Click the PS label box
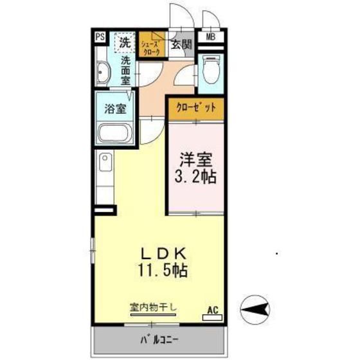[x=100, y=37]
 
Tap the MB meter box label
[x=211, y=37]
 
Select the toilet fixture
[x=211, y=71]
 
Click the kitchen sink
[x=105, y=162]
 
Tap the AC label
[x=212, y=310]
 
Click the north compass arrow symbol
[x=255, y=310]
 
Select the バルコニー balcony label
[x=159, y=340]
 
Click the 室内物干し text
[x=153, y=307]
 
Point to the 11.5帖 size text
[x=162, y=270]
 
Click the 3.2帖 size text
[x=195, y=177]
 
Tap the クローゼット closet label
[x=196, y=108]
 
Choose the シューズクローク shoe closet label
[x=151, y=48]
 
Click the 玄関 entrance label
[x=181, y=44]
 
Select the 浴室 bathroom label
[x=115, y=109]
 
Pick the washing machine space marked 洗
[x=125, y=43]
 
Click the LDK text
[x=163, y=254]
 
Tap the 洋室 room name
[x=195, y=159]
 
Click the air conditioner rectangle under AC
[x=212, y=318]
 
